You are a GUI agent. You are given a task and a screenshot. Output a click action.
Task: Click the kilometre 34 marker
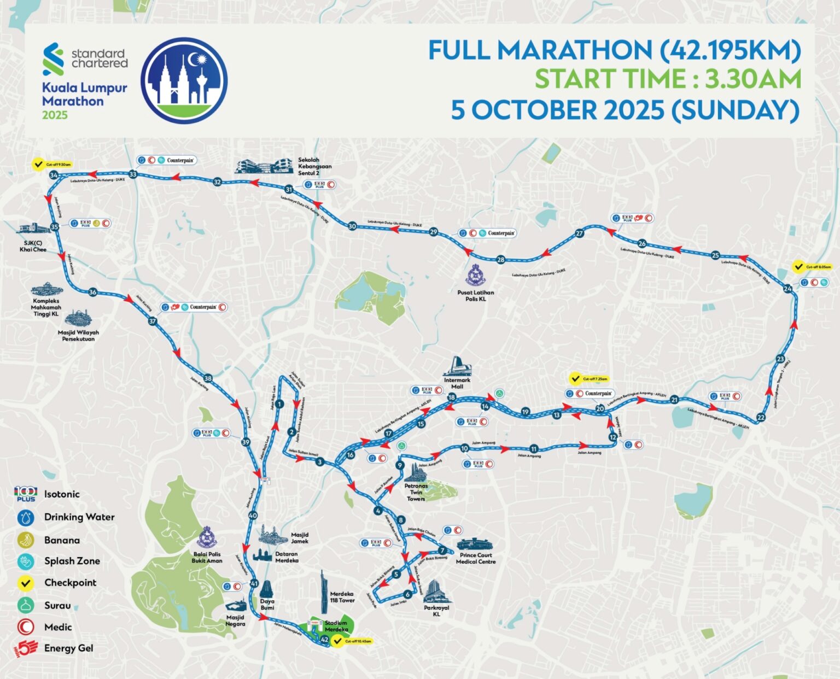coord(54,175)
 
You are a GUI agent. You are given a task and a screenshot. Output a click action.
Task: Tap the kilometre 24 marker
coord(787,289)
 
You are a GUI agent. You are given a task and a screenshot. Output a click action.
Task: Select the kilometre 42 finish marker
coord(324,639)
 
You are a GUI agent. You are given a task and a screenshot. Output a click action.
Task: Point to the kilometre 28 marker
coord(500,260)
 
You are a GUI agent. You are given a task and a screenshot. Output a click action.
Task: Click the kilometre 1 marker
coord(279,404)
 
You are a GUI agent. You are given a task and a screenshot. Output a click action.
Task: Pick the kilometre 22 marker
coord(761,418)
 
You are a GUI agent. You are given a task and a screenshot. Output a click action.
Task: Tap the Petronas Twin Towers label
coord(416,492)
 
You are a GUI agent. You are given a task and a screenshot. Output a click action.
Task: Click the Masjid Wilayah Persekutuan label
coord(78,336)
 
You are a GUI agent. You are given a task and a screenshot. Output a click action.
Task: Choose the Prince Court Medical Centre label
coord(475,558)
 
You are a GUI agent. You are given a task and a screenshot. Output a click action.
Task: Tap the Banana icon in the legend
coord(26,540)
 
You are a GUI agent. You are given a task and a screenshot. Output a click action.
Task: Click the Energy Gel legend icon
coord(25,648)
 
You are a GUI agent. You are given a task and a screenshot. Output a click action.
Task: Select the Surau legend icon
coord(26,605)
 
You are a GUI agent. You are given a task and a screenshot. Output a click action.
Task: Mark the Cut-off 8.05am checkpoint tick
coord(799,267)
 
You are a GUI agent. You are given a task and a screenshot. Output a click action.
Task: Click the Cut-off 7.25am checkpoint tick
coord(575,378)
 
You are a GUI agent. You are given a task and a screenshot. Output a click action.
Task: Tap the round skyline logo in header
coord(184,80)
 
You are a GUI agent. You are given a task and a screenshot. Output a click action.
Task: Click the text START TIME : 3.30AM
coord(667,79)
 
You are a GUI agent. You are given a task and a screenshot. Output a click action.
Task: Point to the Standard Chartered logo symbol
coord(53,59)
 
